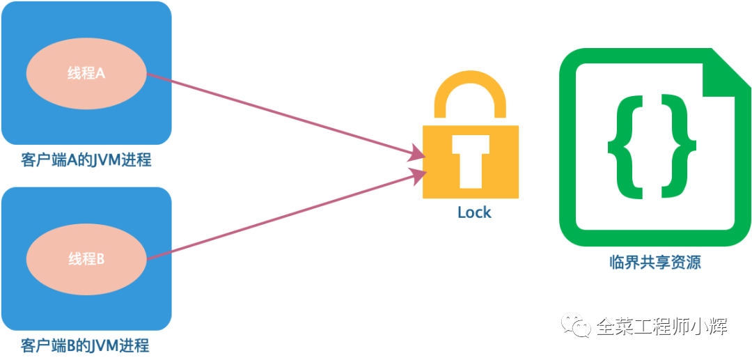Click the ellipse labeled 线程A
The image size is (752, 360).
(x=86, y=72)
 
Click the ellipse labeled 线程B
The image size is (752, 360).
(x=86, y=259)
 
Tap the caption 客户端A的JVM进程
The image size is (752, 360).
(x=86, y=160)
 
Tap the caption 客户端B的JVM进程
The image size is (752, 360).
(x=86, y=345)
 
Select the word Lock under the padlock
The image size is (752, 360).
(x=474, y=212)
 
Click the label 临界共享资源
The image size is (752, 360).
(x=655, y=263)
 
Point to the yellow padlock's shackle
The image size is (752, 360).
(x=470, y=91)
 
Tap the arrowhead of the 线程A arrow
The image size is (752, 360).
(x=417, y=154)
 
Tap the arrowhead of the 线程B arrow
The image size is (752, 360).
(x=417, y=175)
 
